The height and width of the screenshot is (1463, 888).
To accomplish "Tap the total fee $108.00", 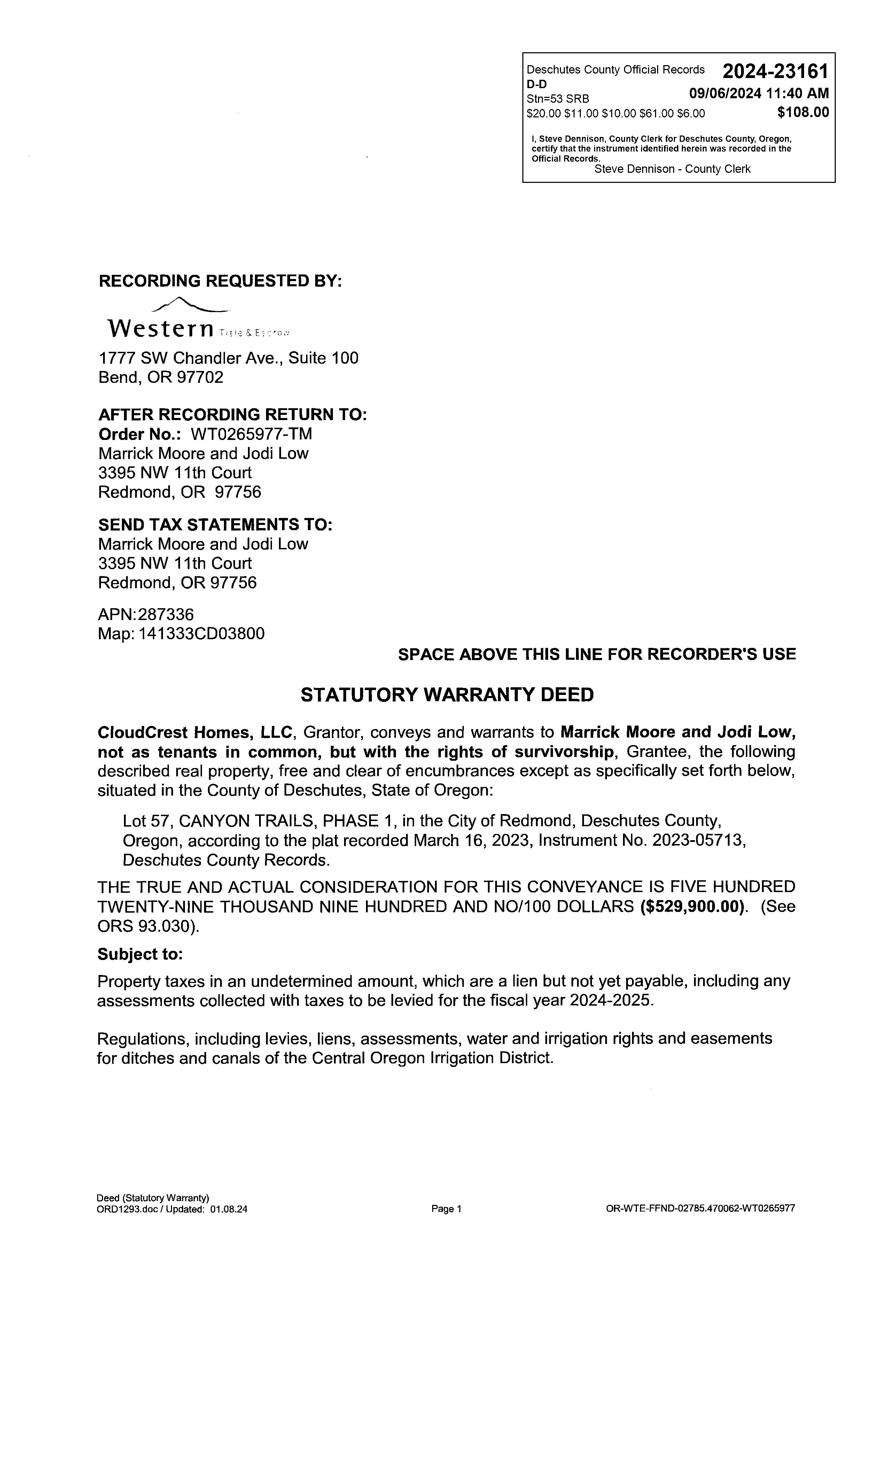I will tap(803, 112).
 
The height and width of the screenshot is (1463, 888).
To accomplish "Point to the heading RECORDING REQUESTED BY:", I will tap(220, 281).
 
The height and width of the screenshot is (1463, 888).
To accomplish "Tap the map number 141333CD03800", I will tap(201, 634).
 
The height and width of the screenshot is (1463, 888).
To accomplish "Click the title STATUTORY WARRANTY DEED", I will tap(447, 695).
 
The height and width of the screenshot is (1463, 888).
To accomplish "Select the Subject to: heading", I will tap(140, 954).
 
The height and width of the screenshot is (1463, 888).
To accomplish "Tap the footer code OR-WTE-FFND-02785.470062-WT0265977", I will tap(700, 1208).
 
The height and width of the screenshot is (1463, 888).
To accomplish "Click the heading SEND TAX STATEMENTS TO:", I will tap(215, 525).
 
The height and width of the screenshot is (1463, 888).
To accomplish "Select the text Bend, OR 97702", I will tap(161, 378).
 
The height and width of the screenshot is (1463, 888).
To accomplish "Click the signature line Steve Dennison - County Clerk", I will tap(672, 169).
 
